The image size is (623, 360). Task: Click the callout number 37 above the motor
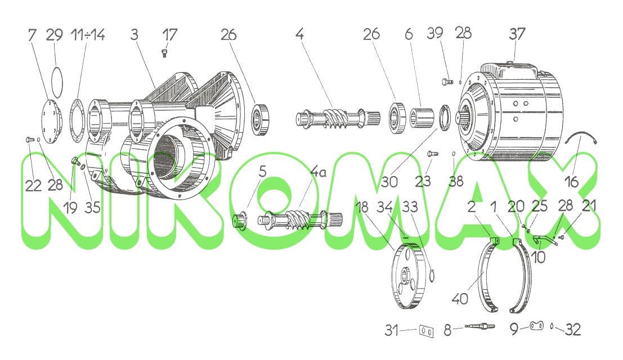[x=517, y=34]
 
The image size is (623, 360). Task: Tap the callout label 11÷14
[x=88, y=34]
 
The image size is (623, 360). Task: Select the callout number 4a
[x=318, y=172]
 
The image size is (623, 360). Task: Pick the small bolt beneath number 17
[x=164, y=53]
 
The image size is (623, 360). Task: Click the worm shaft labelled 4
[x=338, y=118]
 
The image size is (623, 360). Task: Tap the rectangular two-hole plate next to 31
[x=426, y=331]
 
